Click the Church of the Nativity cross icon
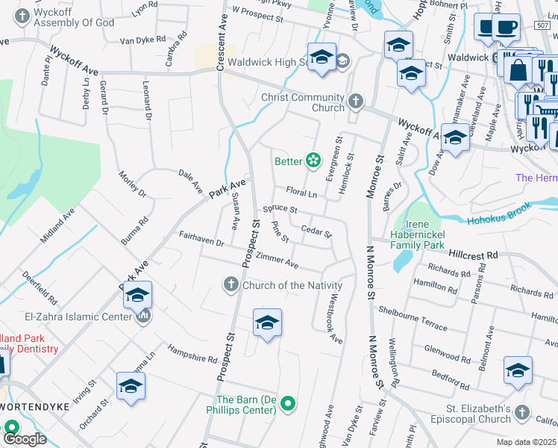click(x=231, y=284)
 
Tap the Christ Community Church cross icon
click(x=356, y=102)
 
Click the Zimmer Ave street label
click(x=277, y=261)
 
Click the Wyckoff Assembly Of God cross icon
click(x=22, y=16)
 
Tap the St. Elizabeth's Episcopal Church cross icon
click(x=521, y=412)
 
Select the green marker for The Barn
click(x=289, y=405)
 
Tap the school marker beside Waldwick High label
click(x=322, y=57)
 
